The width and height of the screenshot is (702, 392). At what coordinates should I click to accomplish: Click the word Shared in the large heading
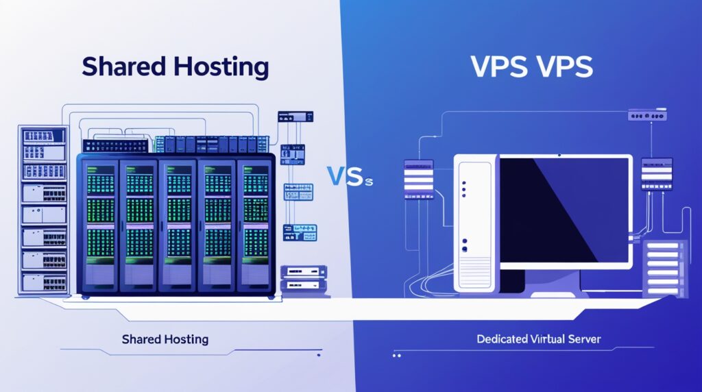click(x=121, y=66)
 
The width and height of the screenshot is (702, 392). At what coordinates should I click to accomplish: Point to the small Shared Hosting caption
click(x=165, y=339)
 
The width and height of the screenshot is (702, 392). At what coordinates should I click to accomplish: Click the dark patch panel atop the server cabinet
click(x=115, y=145)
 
